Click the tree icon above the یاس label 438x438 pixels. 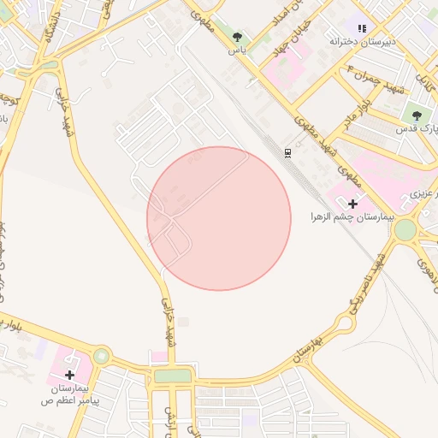point(237,37)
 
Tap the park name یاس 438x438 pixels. point(237,50)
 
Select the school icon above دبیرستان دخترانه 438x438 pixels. point(361,27)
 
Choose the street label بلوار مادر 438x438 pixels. point(356,116)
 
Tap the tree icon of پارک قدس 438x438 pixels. point(417,115)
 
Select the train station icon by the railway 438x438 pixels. point(287,152)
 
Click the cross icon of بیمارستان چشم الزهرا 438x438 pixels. point(352,204)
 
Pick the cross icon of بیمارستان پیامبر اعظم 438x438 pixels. point(69,374)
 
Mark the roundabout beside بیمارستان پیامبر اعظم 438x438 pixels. point(102,355)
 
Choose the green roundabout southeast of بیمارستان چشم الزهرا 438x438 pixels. point(405,229)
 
